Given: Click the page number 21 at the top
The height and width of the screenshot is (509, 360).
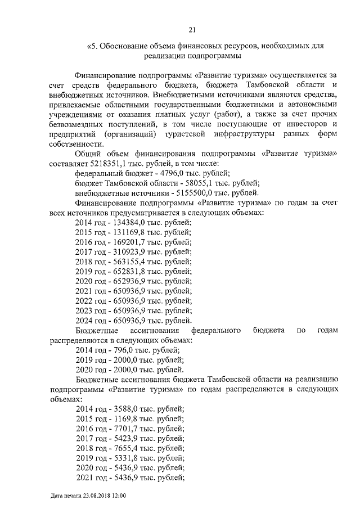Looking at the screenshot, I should tap(192, 30).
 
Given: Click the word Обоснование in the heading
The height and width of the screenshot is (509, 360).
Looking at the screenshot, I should tap(125, 46).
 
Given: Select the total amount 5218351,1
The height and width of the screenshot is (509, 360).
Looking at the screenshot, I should tap(110, 163).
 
